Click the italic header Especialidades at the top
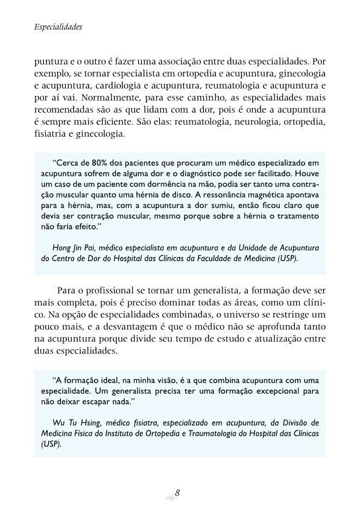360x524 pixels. coord(58,28)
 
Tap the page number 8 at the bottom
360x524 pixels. coord(177,492)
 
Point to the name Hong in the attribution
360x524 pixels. coord(63,248)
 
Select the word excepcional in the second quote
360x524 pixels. coord(269,391)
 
